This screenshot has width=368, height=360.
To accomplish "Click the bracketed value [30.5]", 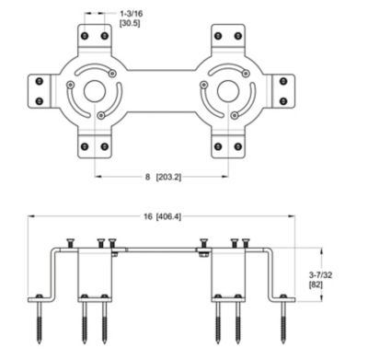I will pos(132,25).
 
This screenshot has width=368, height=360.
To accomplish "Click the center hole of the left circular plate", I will pos(95,92).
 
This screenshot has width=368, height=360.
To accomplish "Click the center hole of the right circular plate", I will pos(226,92).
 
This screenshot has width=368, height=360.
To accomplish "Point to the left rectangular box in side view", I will pos(95,273).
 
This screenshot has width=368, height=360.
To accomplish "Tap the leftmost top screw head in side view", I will pos(69,242).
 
